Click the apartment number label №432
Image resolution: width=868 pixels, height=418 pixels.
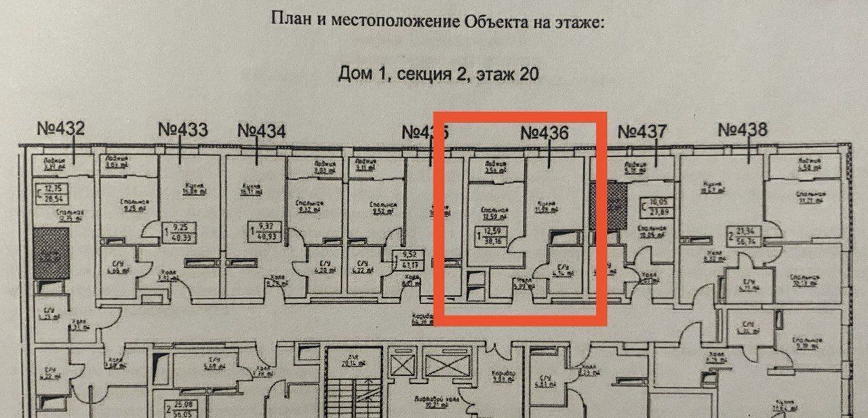coord(62,129)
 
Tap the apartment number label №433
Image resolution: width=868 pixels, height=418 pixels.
coord(182,130)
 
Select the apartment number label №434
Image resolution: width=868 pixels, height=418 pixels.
coord(261,131)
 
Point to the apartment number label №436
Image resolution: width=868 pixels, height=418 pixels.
coord(545,133)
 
